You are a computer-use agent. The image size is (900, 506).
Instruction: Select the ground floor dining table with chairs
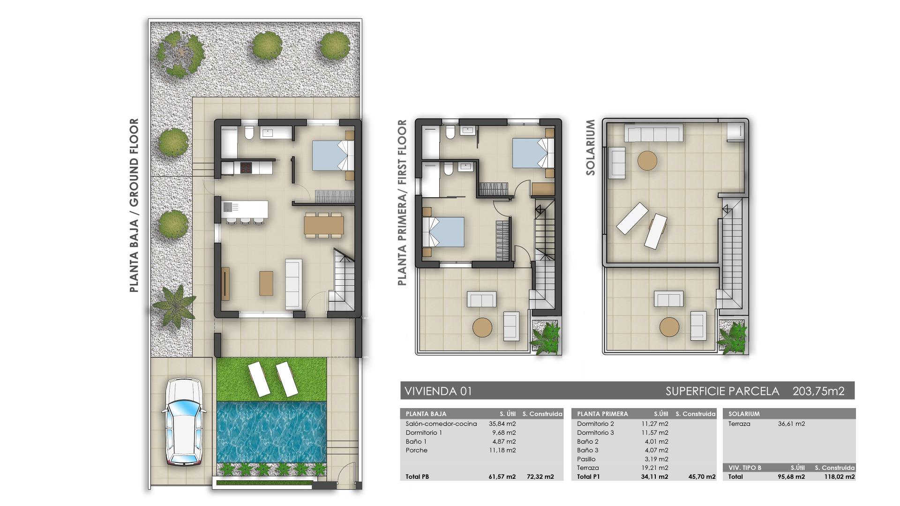[323, 225]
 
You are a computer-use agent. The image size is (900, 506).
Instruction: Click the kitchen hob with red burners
[246, 167]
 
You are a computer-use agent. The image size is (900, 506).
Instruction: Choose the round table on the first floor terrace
[482, 327]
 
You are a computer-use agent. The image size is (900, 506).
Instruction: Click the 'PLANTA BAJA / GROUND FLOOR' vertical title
[135, 205]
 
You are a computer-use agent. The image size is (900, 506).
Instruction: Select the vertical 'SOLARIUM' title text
[591, 147]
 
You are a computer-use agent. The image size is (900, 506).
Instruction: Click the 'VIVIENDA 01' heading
[438, 391]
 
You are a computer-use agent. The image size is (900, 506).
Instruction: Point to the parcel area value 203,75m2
[818, 391]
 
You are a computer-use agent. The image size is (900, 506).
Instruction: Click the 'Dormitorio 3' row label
[595, 433]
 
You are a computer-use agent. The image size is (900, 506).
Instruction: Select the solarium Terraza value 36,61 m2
[791, 424]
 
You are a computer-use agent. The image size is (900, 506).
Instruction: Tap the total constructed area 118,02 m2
[839, 477]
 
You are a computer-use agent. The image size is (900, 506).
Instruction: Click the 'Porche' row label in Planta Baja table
[417, 451]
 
